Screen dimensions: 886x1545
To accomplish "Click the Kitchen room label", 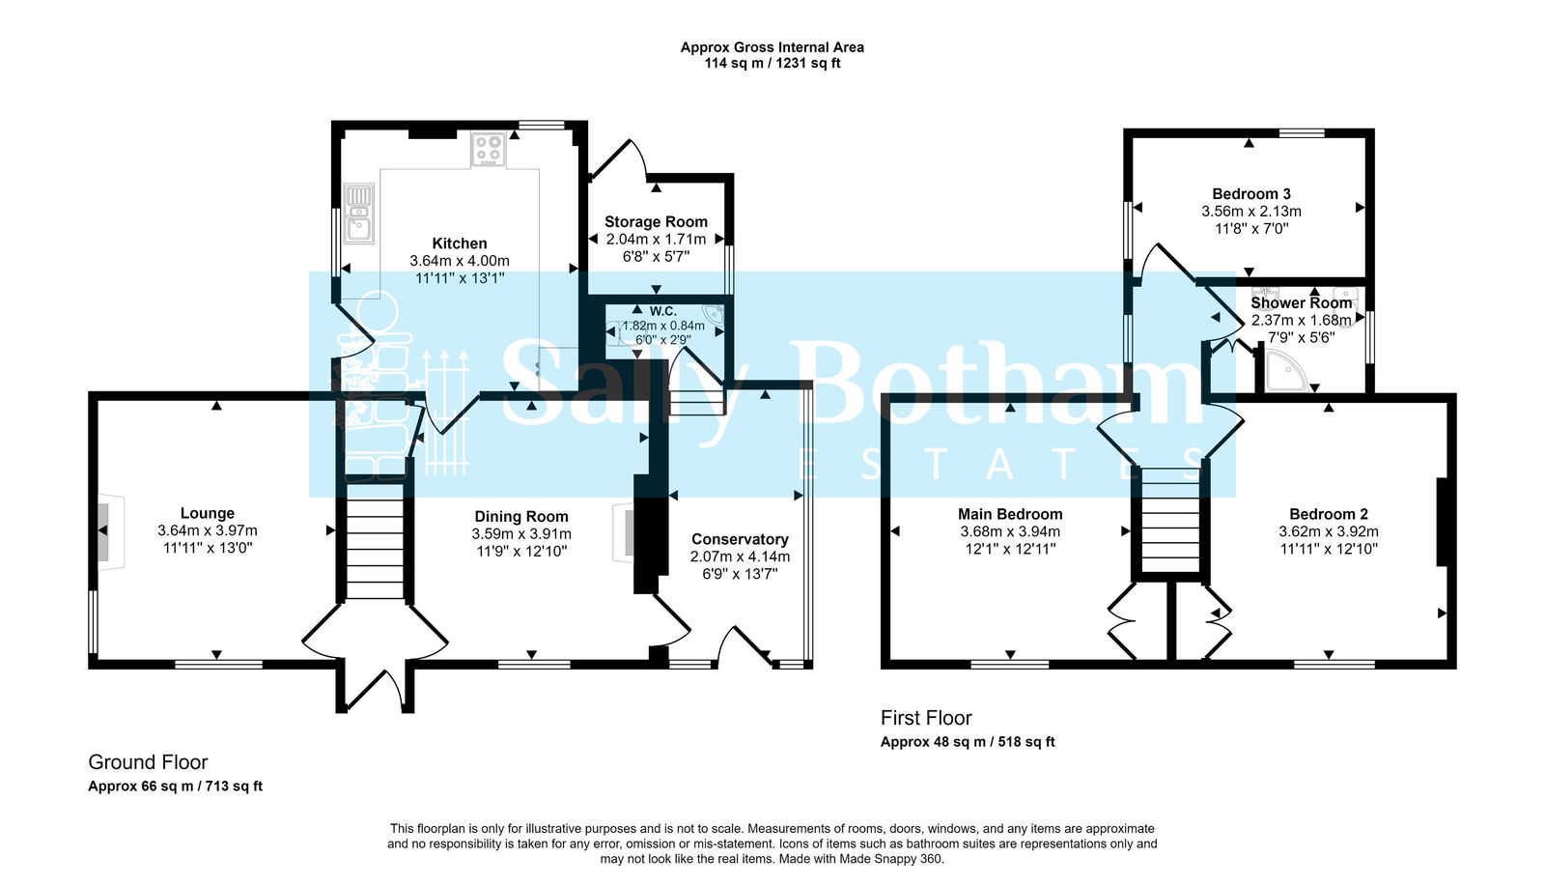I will tap(459, 243).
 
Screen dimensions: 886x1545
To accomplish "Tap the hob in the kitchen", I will tap(489, 150).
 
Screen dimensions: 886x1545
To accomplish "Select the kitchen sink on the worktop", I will tap(359, 214).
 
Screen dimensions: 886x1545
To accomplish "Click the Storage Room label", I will tap(656, 222).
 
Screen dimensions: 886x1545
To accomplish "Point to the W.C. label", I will tap(662, 311).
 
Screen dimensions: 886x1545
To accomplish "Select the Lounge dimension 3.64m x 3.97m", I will tap(208, 531).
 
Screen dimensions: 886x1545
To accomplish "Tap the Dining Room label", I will tap(520, 517).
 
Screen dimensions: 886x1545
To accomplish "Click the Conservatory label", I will tap(740, 539).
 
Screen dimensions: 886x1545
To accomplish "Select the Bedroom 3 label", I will tap(1251, 194).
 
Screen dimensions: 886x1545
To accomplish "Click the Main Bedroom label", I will tap(1010, 515).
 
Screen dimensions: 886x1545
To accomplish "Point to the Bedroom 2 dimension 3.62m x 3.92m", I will tap(1329, 532).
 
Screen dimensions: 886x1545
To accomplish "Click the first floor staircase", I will tap(1169, 520).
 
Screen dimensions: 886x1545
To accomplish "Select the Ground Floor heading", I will tap(148, 762).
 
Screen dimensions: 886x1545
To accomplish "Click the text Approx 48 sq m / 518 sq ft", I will tap(968, 742).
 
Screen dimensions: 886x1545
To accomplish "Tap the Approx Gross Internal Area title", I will tap(772, 47).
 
